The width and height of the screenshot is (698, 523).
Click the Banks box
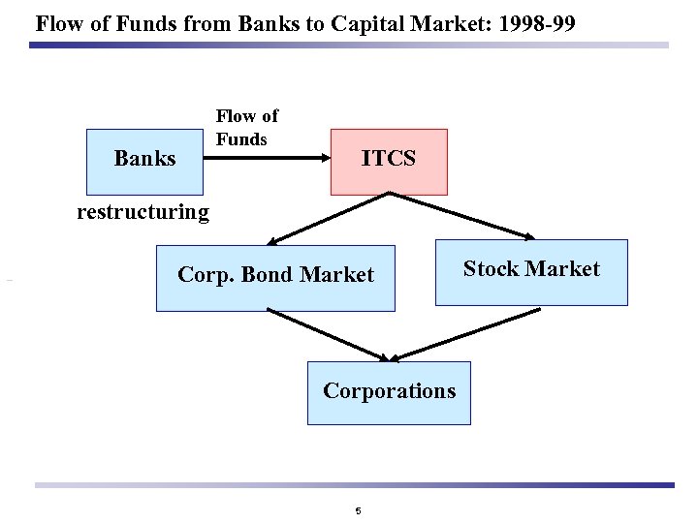click(145, 160)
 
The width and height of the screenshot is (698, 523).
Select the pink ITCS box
click(389, 161)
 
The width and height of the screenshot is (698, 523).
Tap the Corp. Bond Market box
click(275, 277)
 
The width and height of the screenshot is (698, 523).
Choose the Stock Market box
click(531, 271)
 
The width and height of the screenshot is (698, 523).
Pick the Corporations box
click(389, 392)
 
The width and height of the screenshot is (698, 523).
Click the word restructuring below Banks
click(143, 212)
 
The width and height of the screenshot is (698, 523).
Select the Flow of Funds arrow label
click(246, 128)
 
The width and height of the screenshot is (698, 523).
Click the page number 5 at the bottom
click(358, 510)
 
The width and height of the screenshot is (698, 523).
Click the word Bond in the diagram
click(269, 275)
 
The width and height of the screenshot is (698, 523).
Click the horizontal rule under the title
click(349, 45)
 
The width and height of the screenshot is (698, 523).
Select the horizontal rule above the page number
click(354, 485)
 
